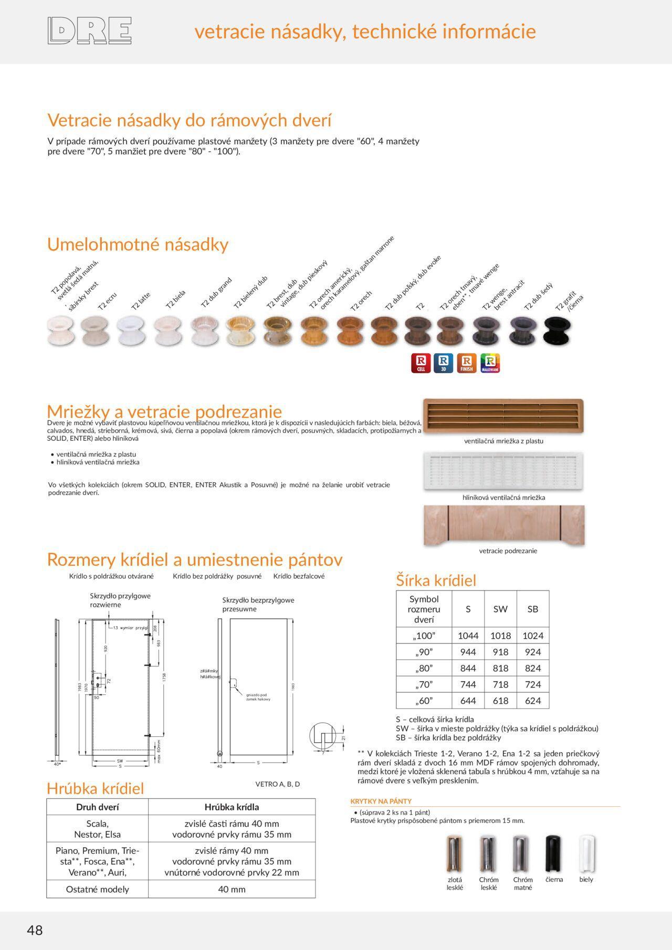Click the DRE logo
pyautogui.click(x=89, y=30)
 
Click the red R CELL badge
pyautogui.click(x=421, y=363)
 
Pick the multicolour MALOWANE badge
pyautogui.click(x=490, y=363)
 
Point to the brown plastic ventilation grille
pyautogui.click(x=503, y=415)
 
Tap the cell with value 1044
pyautogui.click(x=468, y=636)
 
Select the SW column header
pyautogui.click(x=500, y=609)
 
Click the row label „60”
pyautogui.click(x=424, y=701)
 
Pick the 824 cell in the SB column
pyautogui.click(x=532, y=668)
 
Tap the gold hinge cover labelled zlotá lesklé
pyautogui.click(x=455, y=854)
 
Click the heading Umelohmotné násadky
pyautogui.click(x=138, y=245)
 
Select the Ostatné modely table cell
pyautogui.click(x=98, y=889)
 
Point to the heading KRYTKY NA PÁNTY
pyautogui.click(x=381, y=801)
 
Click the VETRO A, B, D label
pyautogui.click(x=277, y=784)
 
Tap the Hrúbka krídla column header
pyautogui.click(x=232, y=807)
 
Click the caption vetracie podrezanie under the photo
pyautogui.click(x=508, y=551)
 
